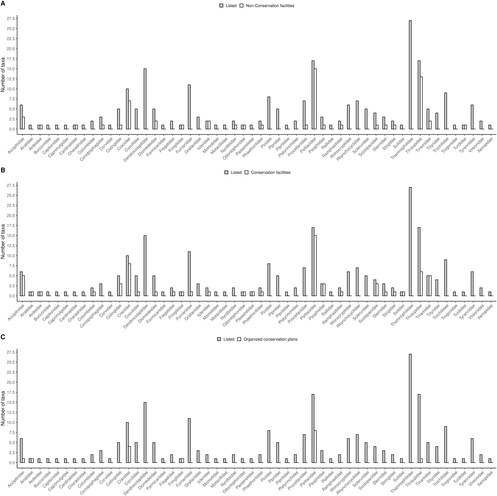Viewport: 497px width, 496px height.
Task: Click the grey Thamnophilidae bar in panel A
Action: (410, 75)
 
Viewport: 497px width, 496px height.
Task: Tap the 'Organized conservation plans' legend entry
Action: (270, 339)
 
